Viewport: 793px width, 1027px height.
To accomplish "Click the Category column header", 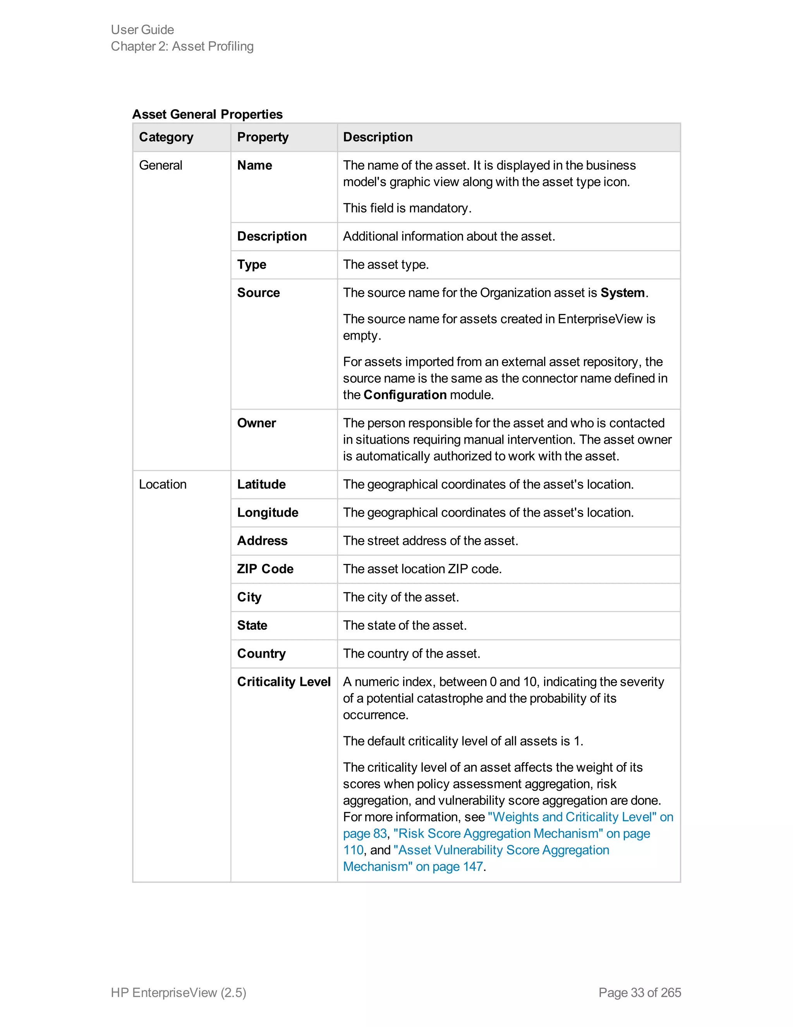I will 166,137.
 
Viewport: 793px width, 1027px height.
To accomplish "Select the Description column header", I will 378,137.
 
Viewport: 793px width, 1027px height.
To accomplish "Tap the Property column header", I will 263,137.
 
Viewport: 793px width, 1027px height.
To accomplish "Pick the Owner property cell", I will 256,423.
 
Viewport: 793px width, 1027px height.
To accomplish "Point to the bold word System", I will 622,293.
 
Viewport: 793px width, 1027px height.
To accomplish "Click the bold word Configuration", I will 405,395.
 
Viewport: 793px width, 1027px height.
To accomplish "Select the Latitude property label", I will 261,484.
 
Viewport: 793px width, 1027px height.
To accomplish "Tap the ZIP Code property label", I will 265,569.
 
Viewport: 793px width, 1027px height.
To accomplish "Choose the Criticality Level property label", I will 284,681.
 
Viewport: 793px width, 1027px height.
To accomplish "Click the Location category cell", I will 163,484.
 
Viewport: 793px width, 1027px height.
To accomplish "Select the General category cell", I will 161,165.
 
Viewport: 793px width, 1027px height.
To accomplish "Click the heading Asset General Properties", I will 207,114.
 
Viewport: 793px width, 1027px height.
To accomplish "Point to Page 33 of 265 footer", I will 639,992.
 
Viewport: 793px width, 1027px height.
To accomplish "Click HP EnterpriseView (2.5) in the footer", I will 179,992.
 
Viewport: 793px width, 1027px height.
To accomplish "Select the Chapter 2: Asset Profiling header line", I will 182,46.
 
